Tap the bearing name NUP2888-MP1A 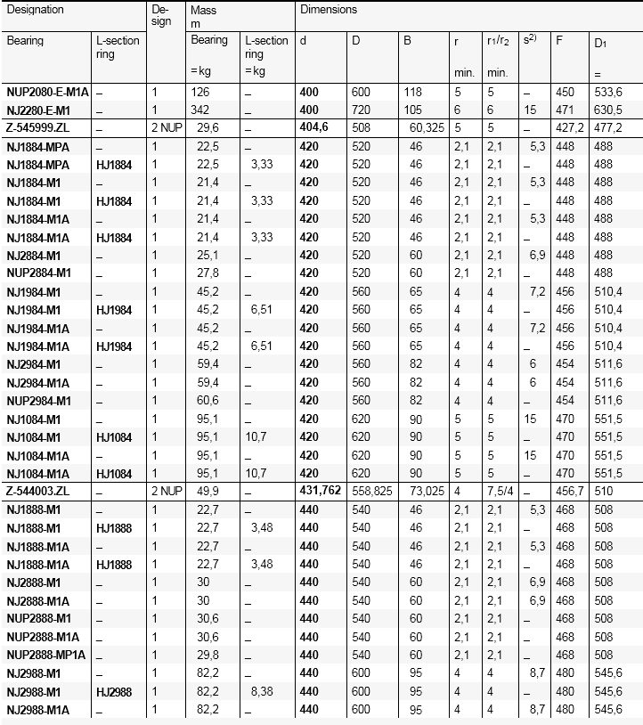[46, 655]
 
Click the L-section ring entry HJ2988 [114, 691]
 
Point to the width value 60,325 [427, 127]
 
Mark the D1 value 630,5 [608, 110]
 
